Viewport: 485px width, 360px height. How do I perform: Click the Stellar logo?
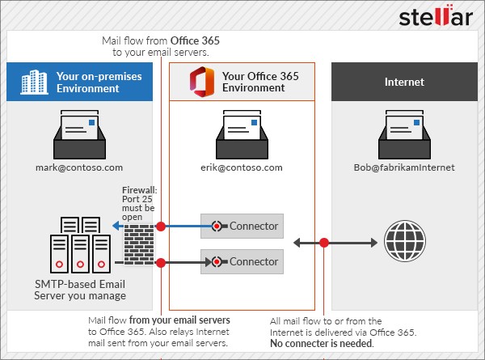(x=436, y=18)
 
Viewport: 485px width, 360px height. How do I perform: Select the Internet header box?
(x=403, y=82)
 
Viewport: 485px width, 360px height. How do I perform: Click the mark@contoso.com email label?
(x=78, y=167)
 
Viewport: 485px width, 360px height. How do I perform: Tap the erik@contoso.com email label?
(x=242, y=167)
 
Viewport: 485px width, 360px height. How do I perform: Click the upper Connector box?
(x=242, y=226)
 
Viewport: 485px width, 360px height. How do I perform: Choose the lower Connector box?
(x=242, y=261)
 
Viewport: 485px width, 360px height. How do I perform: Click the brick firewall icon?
(x=138, y=242)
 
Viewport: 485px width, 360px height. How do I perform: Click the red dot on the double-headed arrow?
(x=324, y=242)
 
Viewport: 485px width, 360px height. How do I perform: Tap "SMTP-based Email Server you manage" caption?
(x=80, y=289)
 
